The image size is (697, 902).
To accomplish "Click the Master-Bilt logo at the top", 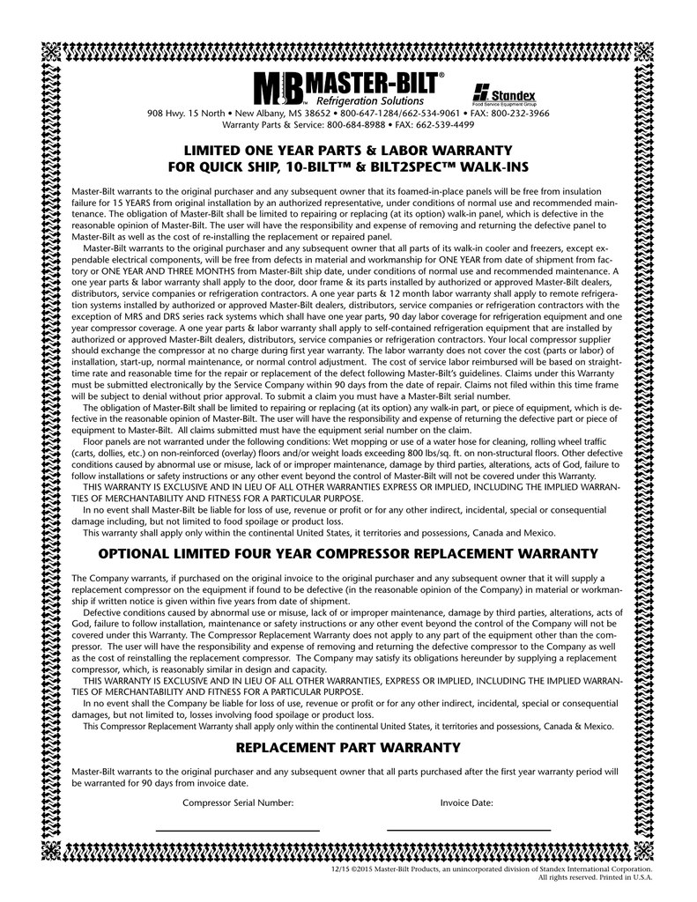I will click(x=348, y=88).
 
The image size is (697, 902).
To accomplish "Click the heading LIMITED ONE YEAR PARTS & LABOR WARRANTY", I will click(x=348, y=151).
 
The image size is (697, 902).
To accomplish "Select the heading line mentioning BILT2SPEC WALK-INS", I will click(x=348, y=167).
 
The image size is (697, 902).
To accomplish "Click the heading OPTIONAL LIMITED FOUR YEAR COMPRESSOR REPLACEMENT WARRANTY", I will click(x=348, y=553).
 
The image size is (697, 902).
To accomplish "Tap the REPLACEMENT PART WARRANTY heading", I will click(x=348, y=748).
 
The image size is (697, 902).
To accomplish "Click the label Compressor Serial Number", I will click(x=237, y=802).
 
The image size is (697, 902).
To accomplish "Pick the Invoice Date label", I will click(x=466, y=802).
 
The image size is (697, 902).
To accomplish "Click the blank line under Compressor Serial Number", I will click(x=237, y=830).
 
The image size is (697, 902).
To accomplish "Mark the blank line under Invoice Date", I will click(x=469, y=830).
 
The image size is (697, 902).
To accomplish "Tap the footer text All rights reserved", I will click(x=567, y=877).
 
